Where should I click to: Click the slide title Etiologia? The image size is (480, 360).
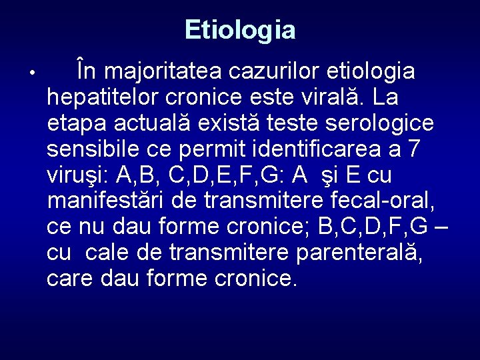[240, 29]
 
